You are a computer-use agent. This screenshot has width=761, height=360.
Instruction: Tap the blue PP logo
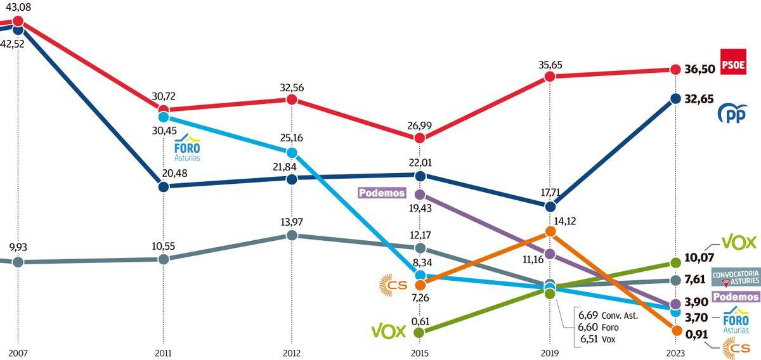tap(732, 113)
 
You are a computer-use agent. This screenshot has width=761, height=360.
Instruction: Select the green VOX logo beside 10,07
tap(739, 242)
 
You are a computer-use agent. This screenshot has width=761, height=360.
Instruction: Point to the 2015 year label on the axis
tap(419, 353)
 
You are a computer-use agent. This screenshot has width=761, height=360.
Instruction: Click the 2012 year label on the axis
tap(292, 353)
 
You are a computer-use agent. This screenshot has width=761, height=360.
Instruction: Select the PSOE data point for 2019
tap(550, 77)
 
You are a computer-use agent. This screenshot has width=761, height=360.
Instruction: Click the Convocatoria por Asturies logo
tap(735, 276)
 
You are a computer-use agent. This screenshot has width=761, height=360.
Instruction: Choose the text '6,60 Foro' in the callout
tap(598, 327)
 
